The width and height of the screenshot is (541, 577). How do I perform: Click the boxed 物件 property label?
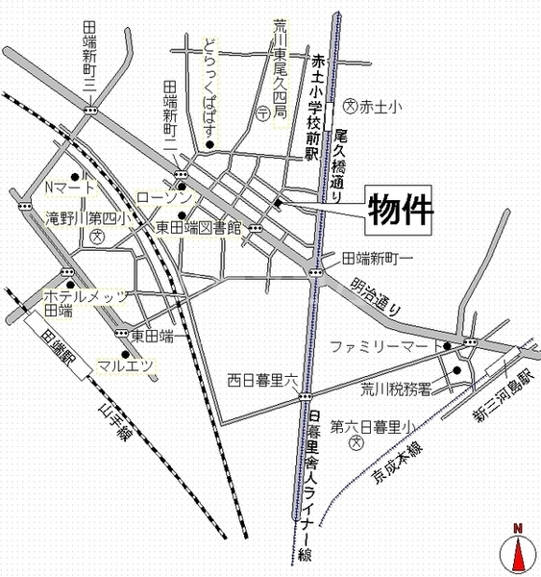coord(400,209)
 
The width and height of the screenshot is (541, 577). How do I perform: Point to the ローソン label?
coord(164,197)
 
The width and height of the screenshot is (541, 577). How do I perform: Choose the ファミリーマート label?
coord(383,344)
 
